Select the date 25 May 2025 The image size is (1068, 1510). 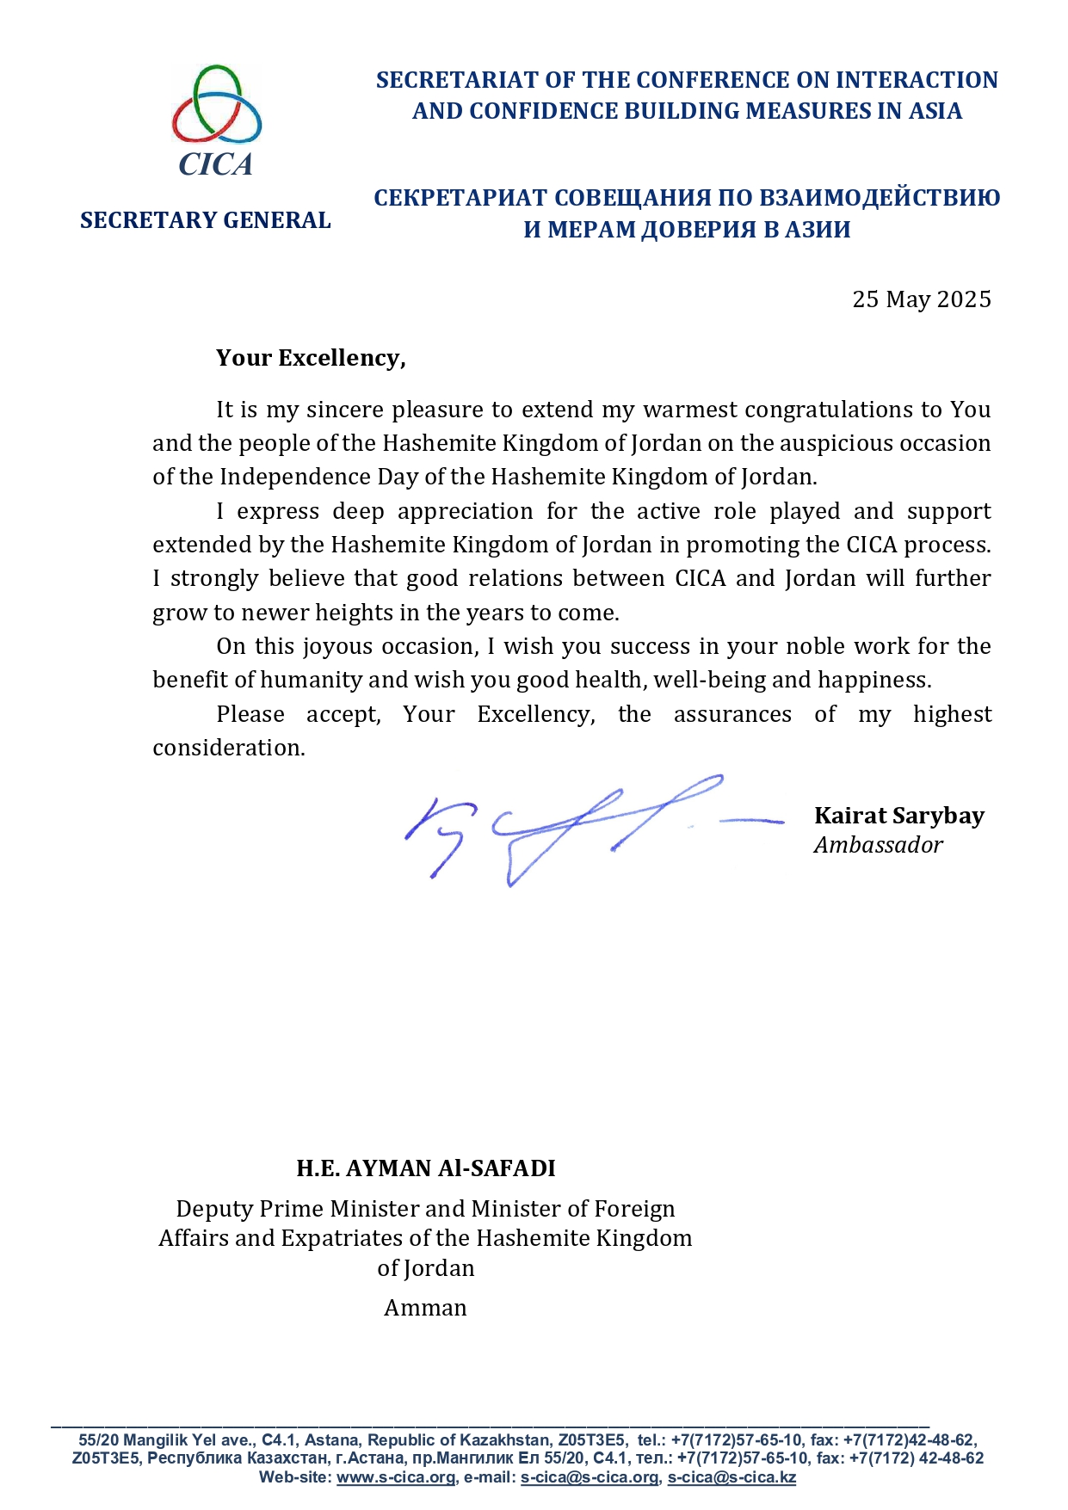[x=921, y=299]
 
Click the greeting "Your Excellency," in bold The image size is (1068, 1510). [x=311, y=358]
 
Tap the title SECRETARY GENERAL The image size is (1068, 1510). [x=206, y=220]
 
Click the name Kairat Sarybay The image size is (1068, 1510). [x=898, y=816]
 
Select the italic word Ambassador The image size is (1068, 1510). [x=878, y=845]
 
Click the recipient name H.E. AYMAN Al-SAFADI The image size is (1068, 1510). [x=426, y=1168]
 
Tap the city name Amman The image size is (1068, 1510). [x=425, y=1308]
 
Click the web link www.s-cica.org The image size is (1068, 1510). [x=396, y=1477]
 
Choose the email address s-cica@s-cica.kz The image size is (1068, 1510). [x=732, y=1477]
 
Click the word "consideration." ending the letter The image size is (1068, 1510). [x=229, y=748]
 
